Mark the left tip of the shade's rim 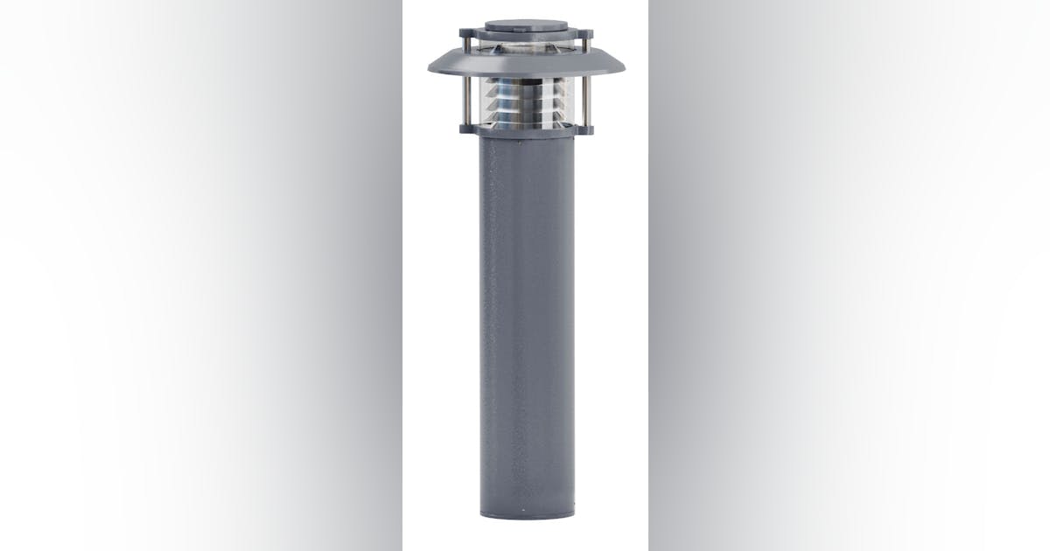pyautogui.click(x=430, y=70)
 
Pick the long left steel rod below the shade pyautogui.click(x=466, y=101)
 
